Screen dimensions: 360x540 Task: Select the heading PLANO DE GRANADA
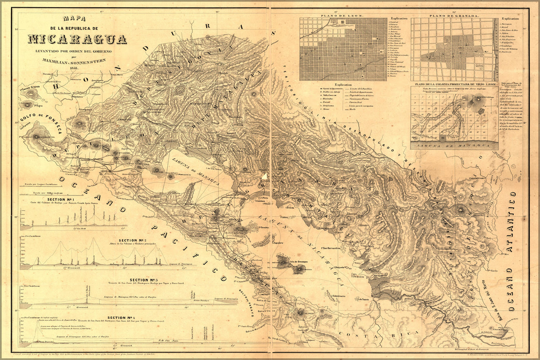pos(454,16)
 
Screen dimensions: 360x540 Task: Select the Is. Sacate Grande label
pos(30,87)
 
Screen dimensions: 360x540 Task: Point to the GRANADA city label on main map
pos(234,219)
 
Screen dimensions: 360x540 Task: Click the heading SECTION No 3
pos(144,280)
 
